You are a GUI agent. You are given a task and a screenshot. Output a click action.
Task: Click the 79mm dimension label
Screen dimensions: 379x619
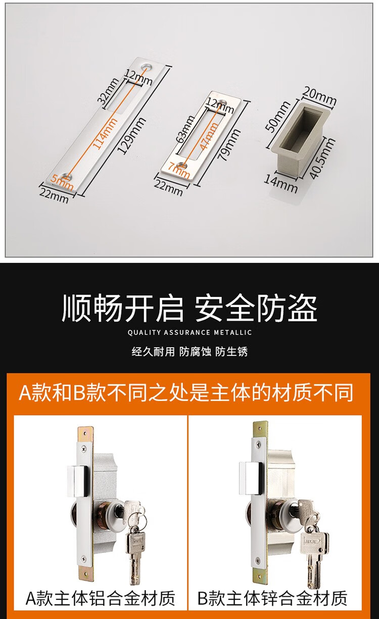228,145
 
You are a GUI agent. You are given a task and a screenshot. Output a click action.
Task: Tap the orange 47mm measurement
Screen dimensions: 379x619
209,136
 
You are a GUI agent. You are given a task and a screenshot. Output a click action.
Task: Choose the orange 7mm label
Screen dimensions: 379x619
178,170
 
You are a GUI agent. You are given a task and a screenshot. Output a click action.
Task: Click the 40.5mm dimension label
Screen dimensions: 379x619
322,158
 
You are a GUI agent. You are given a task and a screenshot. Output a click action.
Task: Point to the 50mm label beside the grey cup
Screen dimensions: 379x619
278,117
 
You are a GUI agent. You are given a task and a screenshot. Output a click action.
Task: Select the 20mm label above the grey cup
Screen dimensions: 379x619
319,96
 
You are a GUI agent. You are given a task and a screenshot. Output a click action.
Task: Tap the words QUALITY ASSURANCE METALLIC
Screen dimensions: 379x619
189,332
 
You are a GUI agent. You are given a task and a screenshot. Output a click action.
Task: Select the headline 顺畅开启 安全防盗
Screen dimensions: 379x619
189,308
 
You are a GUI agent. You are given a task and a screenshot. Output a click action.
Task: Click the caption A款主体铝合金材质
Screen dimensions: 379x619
101,598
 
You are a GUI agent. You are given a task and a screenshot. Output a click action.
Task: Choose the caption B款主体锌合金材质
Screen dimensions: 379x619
272,598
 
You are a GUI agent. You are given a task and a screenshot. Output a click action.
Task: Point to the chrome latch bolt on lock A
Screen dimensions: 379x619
78,481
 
